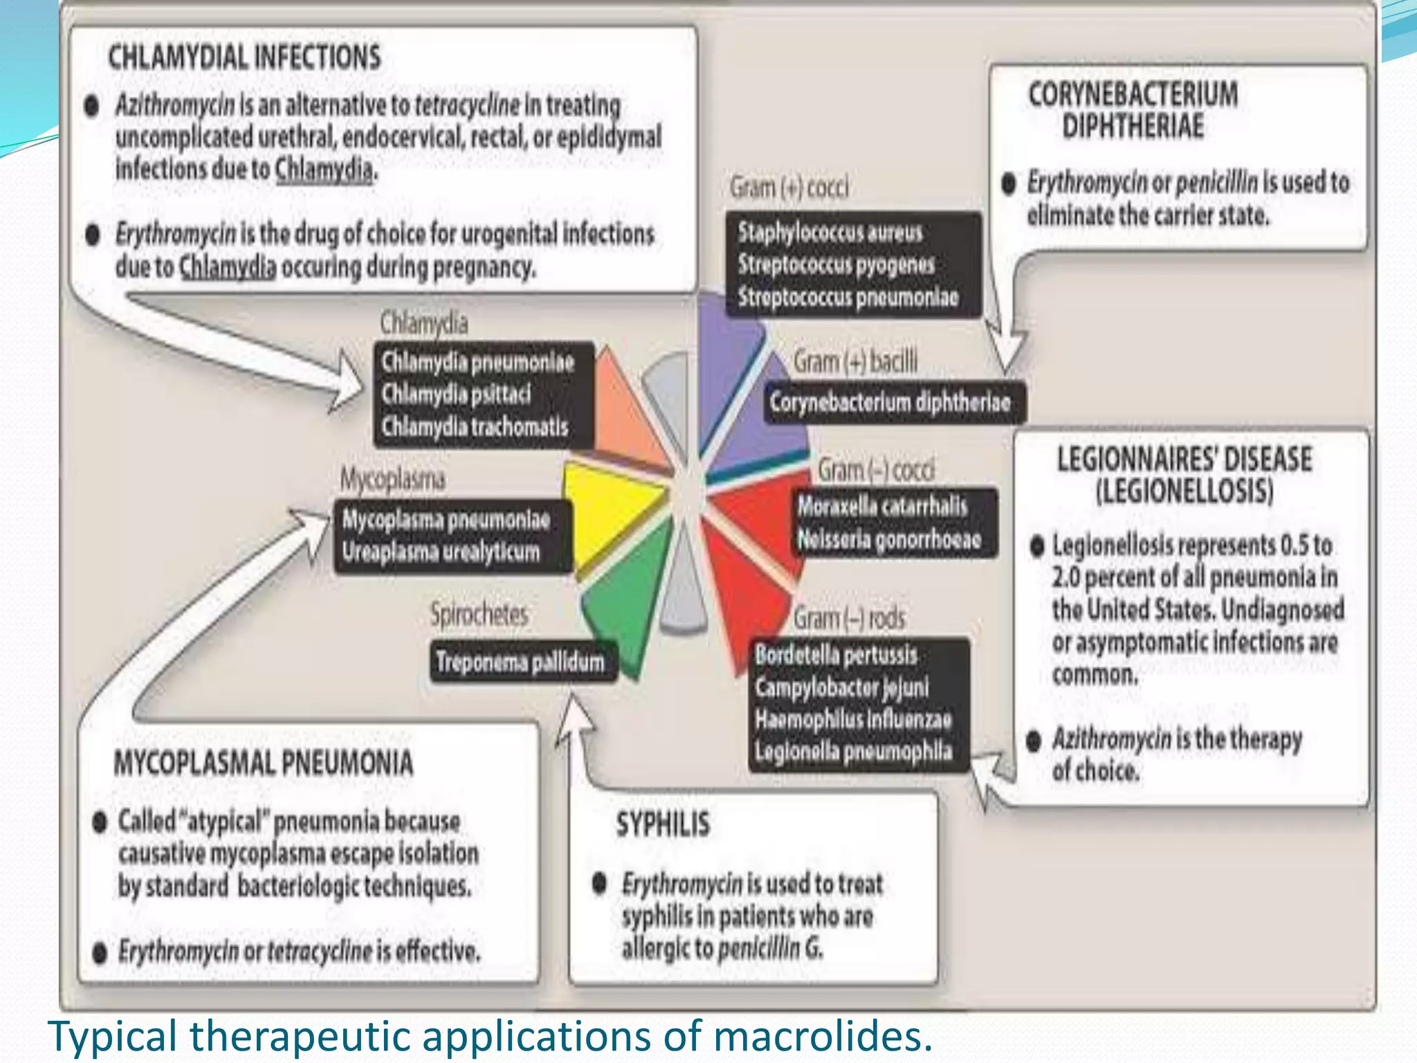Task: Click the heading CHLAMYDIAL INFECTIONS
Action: pyautogui.click(x=244, y=57)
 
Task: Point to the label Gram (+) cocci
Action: pyautogui.click(x=789, y=188)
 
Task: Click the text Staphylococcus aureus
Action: pyautogui.click(x=830, y=233)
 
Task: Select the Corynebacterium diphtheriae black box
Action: pyautogui.click(x=890, y=402)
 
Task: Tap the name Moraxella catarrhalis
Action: pyautogui.click(x=882, y=506)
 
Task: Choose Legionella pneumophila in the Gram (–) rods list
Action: pyautogui.click(x=853, y=752)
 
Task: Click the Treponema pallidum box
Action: pyautogui.click(x=520, y=662)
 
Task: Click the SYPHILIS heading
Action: pyautogui.click(x=663, y=824)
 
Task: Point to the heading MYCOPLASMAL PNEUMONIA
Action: pyautogui.click(x=264, y=763)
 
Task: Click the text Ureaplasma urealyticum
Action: pyautogui.click(x=441, y=552)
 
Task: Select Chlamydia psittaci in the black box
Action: pyautogui.click(x=456, y=394)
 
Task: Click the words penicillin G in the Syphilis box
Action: pyautogui.click(x=770, y=948)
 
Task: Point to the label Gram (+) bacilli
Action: pyautogui.click(x=855, y=361)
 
